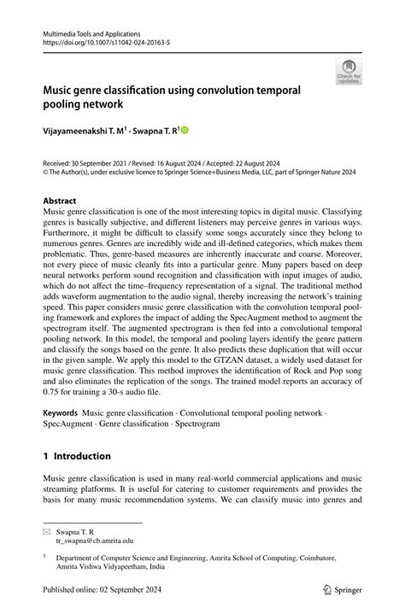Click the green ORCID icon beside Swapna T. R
click(183, 131)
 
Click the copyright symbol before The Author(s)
click(46, 170)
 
